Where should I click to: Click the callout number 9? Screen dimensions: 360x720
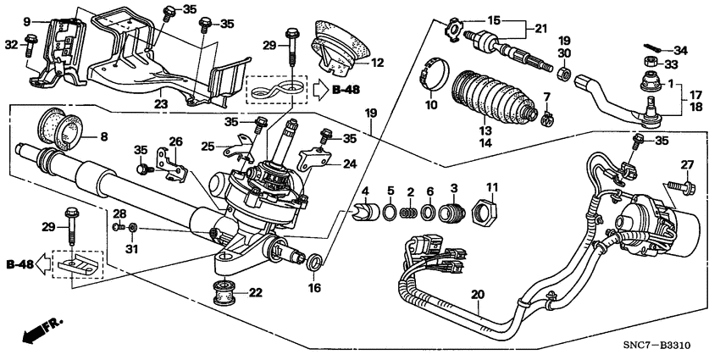coord(26,20)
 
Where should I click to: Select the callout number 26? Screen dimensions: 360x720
coord(175,141)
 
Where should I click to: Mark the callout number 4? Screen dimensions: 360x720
coord(366,189)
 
